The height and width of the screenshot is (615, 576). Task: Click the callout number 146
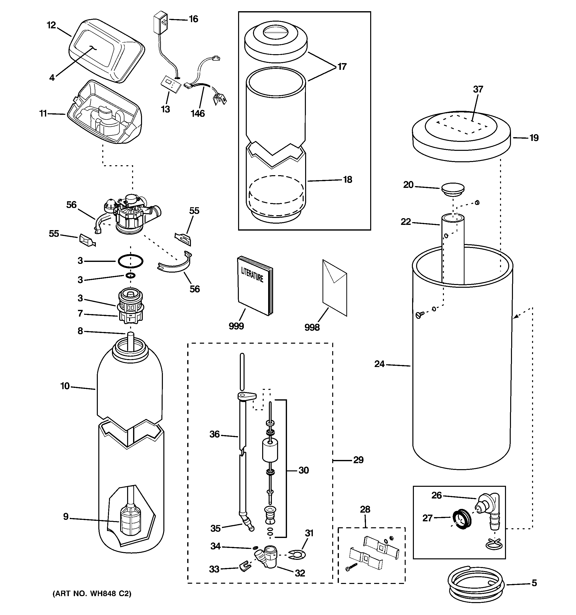click(x=198, y=114)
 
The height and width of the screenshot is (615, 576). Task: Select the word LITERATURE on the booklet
click(x=252, y=274)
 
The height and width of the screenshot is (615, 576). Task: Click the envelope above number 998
click(x=334, y=288)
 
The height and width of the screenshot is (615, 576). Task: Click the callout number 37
click(x=478, y=89)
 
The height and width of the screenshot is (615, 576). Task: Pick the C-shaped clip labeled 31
click(x=296, y=555)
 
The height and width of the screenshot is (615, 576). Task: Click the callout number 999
click(x=236, y=326)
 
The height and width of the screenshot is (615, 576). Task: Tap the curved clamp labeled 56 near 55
click(x=175, y=264)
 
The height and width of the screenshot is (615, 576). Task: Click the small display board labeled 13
click(x=170, y=84)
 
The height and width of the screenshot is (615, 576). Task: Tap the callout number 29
click(x=358, y=460)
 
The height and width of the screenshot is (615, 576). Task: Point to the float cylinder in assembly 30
click(x=270, y=451)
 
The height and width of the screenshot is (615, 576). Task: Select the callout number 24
click(x=379, y=364)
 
